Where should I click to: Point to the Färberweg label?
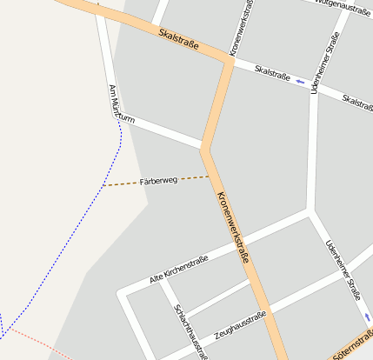[158, 181]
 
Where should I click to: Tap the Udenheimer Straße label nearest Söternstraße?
[343, 270]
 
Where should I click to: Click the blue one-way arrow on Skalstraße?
[301, 82]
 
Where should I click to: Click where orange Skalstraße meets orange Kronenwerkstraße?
[230, 62]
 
